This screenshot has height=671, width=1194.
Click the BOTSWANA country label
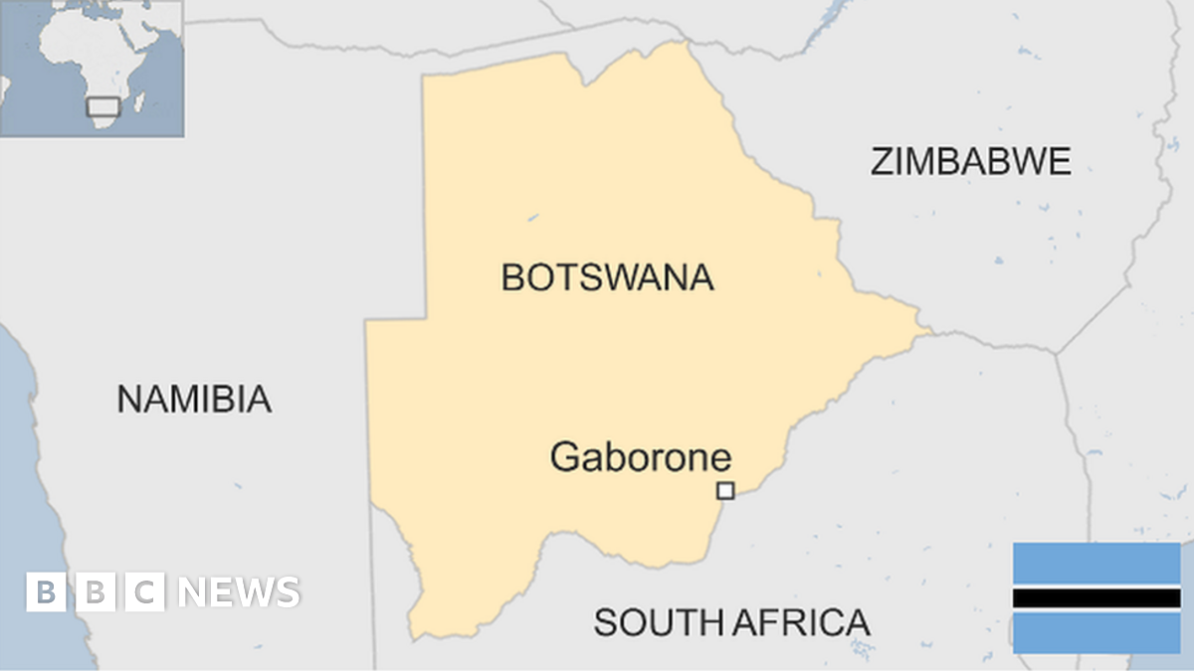(x=607, y=277)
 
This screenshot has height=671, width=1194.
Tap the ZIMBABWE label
(x=970, y=161)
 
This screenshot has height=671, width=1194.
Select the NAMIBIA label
(x=194, y=399)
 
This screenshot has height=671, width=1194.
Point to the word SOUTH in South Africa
(x=658, y=623)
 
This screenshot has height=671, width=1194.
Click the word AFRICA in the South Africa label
(x=801, y=623)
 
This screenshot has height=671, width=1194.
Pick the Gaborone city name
(x=640, y=457)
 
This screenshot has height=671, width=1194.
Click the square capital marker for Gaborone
(x=726, y=490)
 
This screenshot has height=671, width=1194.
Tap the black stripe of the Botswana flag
(x=1096, y=598)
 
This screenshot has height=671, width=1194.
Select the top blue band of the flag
(x=1096, y=564)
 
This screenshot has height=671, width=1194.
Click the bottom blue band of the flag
(x=1096, y=633)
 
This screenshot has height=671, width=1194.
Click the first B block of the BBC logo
(x=46, y=592)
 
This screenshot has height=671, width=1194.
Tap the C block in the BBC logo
(x=145, y=592)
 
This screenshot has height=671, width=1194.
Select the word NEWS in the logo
(x=239, y=592)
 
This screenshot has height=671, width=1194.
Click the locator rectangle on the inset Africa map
(x=102, y=105)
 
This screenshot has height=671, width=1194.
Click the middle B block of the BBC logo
(x=96, y=592)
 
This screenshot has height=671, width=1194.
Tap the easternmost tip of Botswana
(x=930, y=329)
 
